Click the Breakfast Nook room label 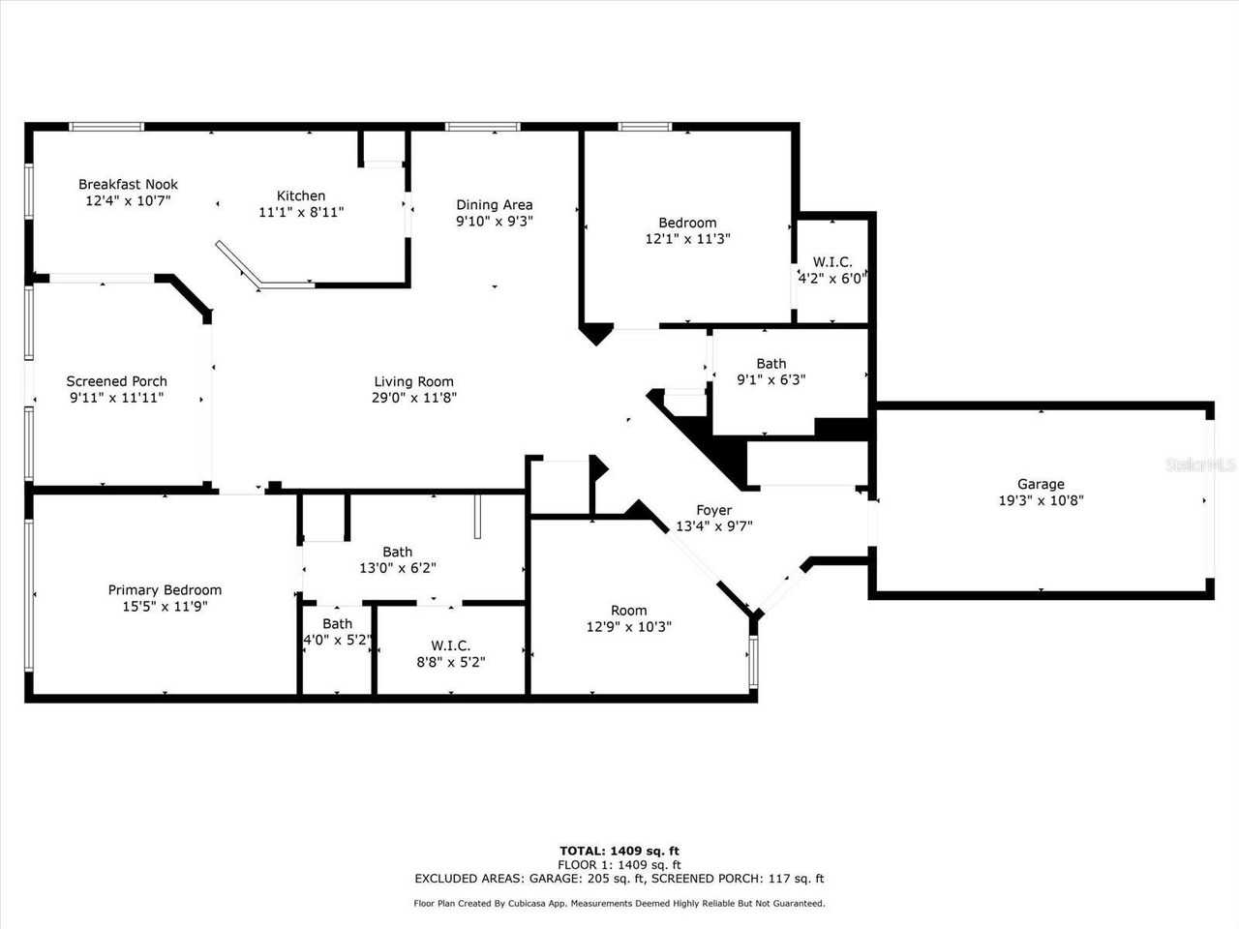[128, 184]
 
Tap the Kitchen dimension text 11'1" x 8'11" [301, 212]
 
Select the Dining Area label [494, 204]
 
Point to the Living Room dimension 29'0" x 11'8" [413, 397]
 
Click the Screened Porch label [116, 381]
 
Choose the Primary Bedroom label [165, 589]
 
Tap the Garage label [1041, 484]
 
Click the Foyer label [713, 510]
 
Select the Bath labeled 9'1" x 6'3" [771, 372]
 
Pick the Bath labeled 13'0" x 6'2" [397, 560]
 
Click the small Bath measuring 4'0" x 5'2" [337, 632]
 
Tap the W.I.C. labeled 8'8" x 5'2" [450, 654]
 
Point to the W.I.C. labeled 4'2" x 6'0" [831, 270]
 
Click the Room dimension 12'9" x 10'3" [628, 626]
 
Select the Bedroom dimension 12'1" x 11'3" [687, 238]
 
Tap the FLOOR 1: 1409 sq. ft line [619, 864]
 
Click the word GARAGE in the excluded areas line [556, 879]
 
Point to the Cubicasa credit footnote [619, 903]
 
